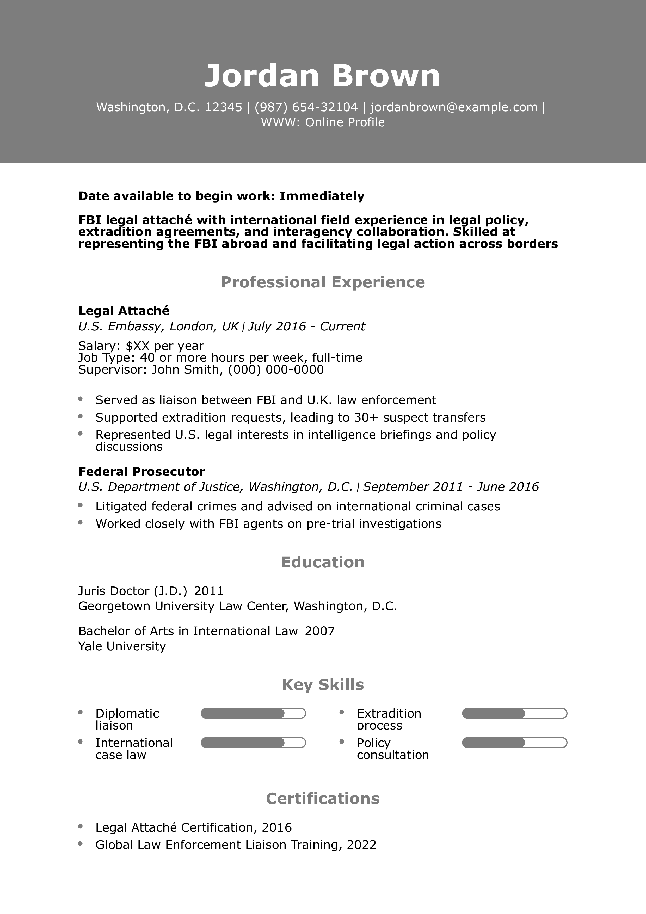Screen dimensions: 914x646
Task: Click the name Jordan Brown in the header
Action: (322, 76)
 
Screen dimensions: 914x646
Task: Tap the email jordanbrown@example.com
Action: (453, 107)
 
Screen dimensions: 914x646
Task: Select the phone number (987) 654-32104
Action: (306, 107)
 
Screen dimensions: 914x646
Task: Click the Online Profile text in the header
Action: (345, 122)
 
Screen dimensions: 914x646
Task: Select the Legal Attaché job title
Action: (124, 311)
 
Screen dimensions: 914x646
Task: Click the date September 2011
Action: (413, 487)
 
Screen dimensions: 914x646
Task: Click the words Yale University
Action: (122, 646)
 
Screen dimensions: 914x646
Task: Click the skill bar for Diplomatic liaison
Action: (253, 713)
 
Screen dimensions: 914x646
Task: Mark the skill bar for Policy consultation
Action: (514, 743)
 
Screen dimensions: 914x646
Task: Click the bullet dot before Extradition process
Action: (342, 712)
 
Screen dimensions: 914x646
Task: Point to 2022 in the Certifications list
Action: (361, 845)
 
